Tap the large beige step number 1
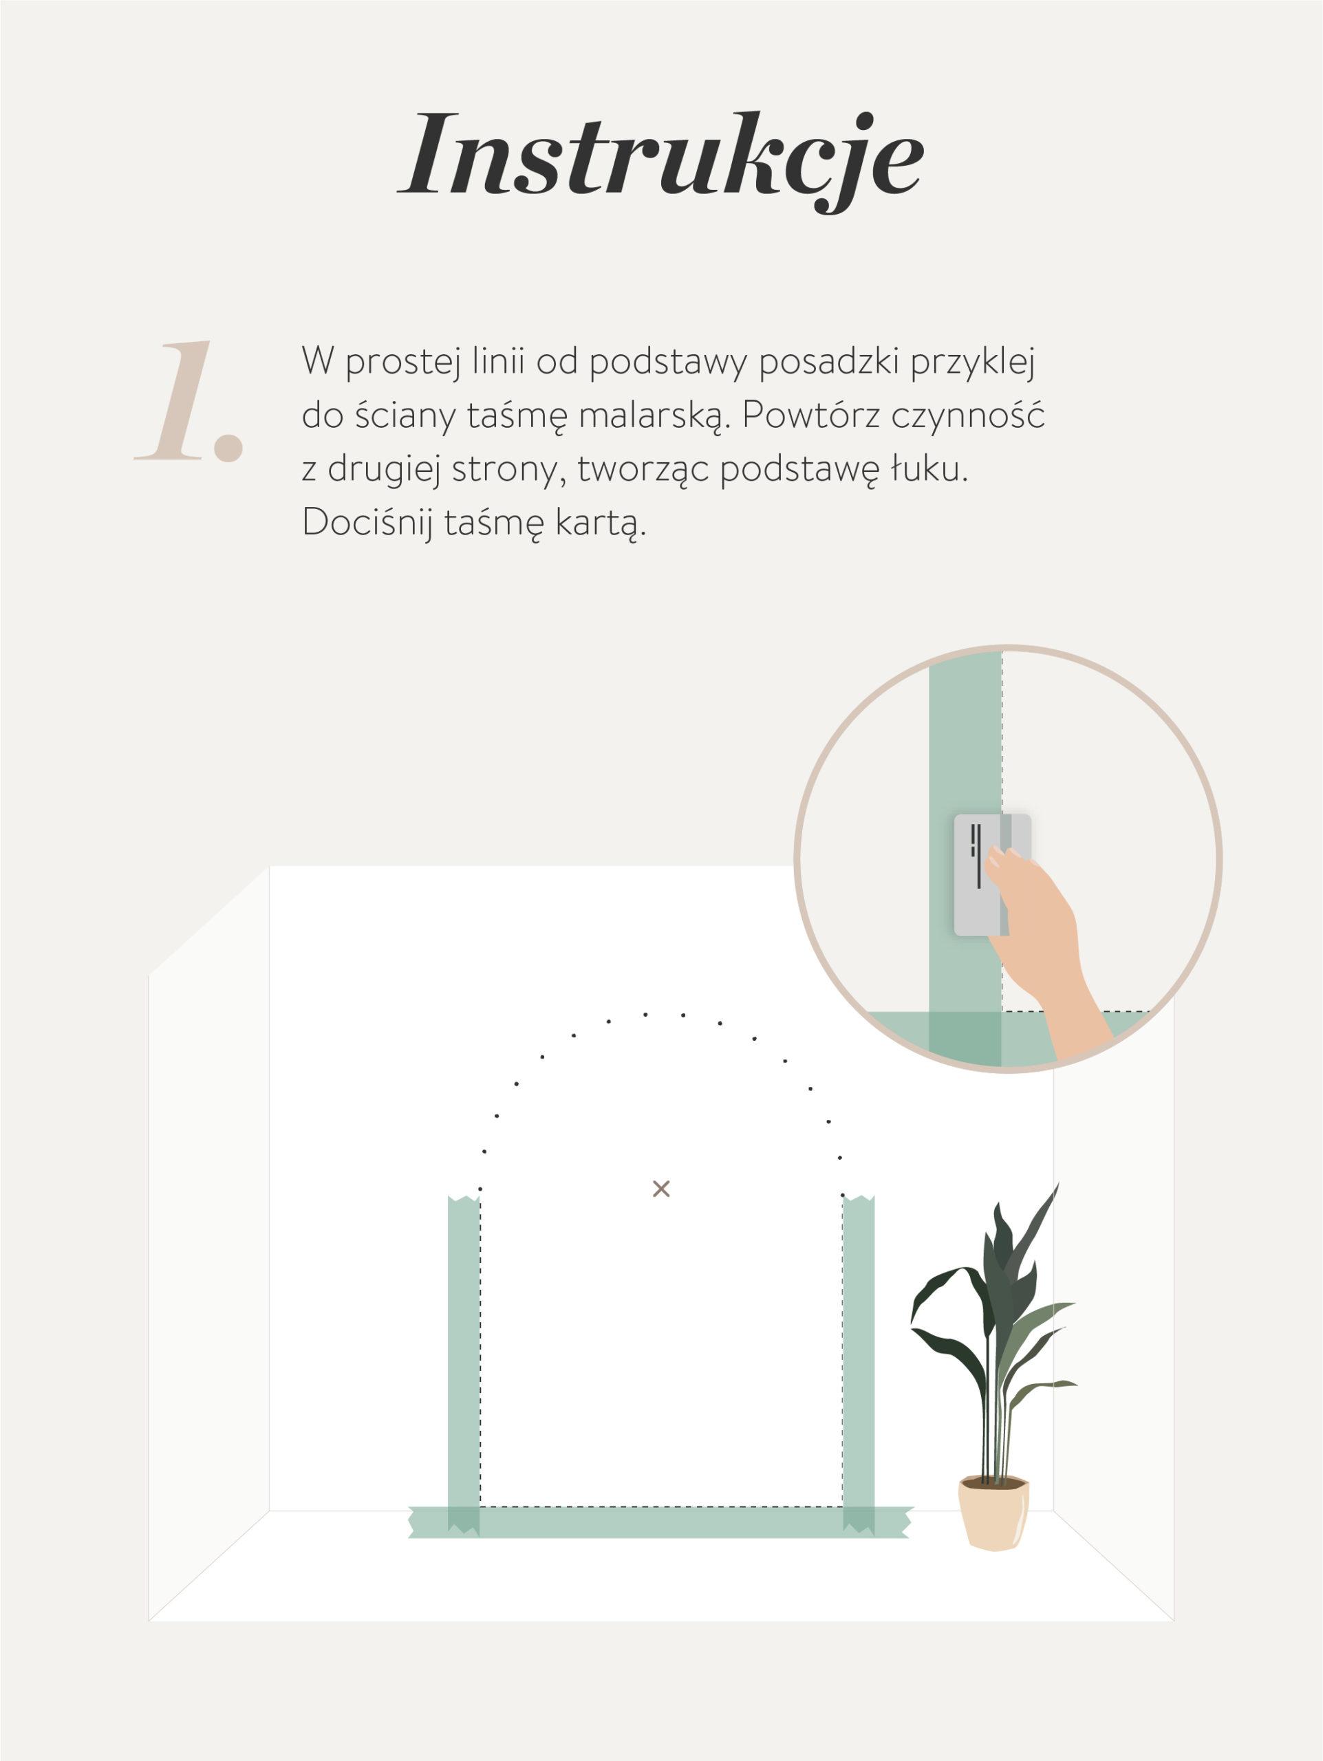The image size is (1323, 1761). tap(189, 402)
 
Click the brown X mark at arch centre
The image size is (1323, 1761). tap(660, 1189)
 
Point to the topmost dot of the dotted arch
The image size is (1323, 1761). tap(645, 1014)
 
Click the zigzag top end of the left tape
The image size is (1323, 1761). tap(464, 1199)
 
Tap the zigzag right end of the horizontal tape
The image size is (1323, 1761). tap(907, 1522)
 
